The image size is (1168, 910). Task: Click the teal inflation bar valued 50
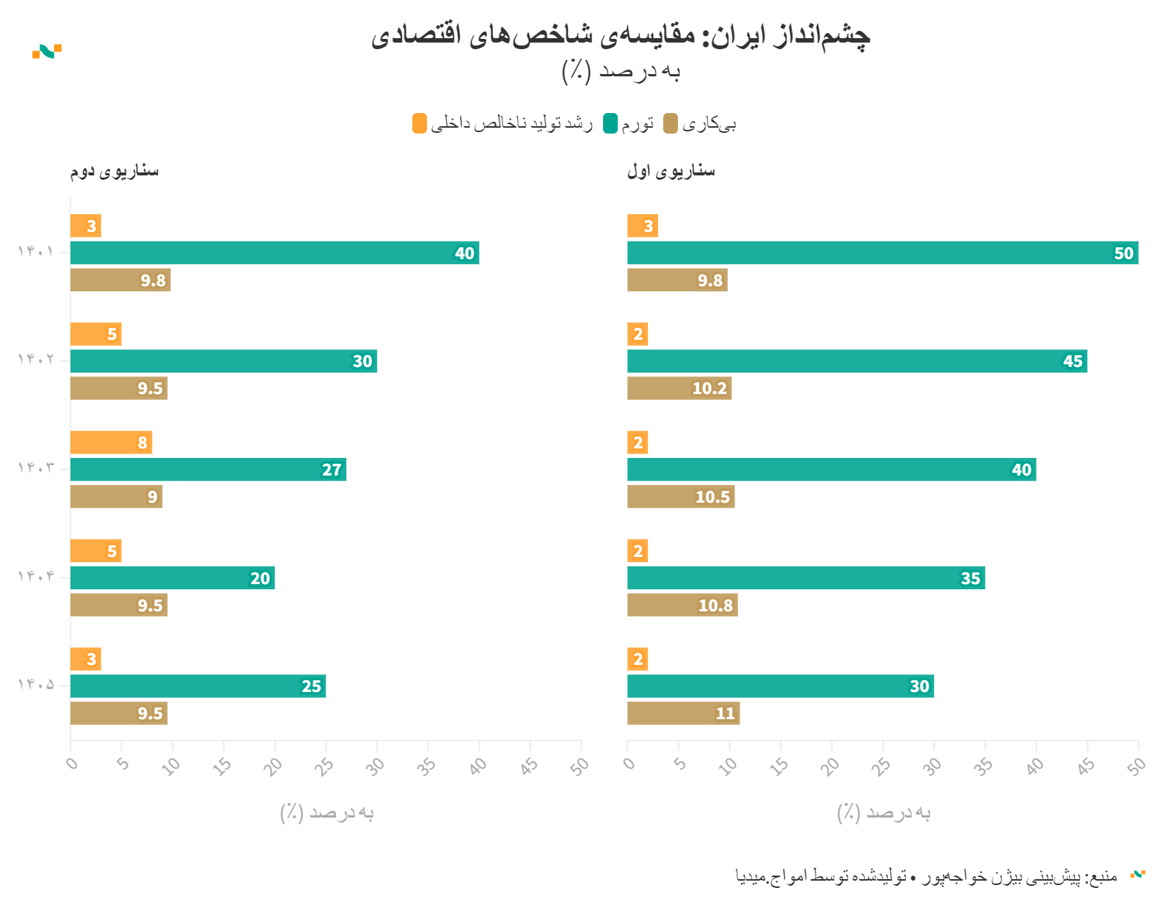(882, 253)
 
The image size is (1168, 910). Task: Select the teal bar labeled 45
(856, 361)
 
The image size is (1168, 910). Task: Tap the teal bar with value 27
(208, 470)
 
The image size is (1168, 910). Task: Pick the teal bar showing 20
(172, 578)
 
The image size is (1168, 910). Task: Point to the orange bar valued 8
(111, 443)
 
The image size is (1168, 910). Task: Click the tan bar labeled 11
(683, 713)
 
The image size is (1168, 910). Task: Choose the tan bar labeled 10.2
(679, 388)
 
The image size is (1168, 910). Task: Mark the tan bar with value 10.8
(682, 605)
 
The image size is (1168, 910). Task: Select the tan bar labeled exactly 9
(116, 497)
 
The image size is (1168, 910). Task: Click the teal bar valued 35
(806, 578)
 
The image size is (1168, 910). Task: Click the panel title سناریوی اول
(671, 171)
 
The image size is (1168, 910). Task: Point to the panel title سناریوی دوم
(114, 171)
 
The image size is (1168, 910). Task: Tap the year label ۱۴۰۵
(36, 685)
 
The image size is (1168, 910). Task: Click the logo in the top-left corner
(47, 51)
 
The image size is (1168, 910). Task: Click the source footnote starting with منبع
(926, 876)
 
